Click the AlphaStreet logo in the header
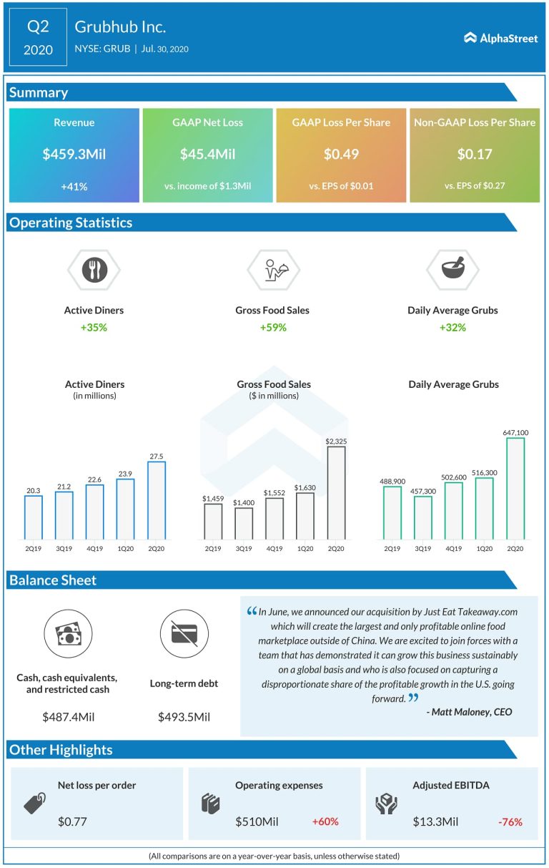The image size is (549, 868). click(x=500, y=38)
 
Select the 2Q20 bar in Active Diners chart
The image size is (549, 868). click(x=156, y=500)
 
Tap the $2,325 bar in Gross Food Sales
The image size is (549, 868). click(x=336, y=492)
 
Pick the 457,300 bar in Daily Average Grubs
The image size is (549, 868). click(x=422, y=517)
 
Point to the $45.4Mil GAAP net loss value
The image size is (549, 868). click(x=207, y=154)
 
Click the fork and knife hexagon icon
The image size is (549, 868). click(x=94, y=270)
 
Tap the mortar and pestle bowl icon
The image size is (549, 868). click(x=452, y=270)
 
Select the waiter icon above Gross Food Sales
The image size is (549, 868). click(x=273, y=270)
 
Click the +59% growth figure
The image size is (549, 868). click(x=272, y=327)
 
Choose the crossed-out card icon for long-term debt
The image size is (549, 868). click(x=184, y=633)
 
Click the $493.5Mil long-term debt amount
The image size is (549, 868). click(x=184, y=716)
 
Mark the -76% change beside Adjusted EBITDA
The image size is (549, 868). click(x=510, y=821)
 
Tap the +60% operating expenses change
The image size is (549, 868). click(x=325, y=821)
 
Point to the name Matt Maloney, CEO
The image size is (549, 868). click(x=472, y=711)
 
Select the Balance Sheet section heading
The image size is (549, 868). click(x=54, y=580)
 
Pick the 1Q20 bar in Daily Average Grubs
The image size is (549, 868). click(x=484, y=508)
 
